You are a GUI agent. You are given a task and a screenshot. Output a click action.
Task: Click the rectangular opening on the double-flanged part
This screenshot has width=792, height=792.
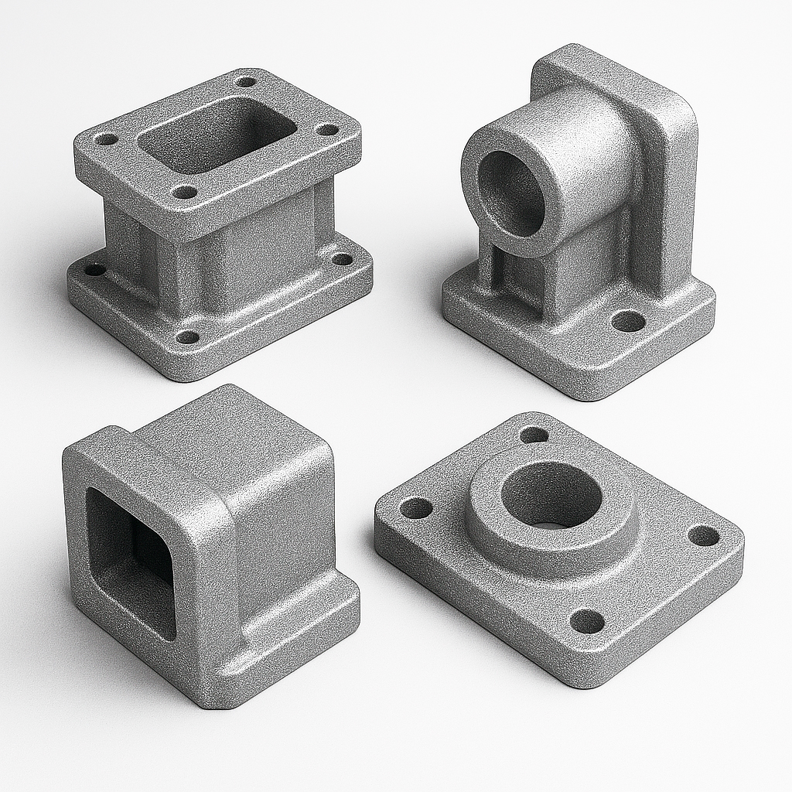coord(217,135)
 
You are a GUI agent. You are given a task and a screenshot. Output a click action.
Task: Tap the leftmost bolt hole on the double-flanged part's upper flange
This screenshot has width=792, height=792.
coord(106,140)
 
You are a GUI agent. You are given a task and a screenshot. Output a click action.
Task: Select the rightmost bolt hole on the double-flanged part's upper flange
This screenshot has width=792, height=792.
coord(328,129)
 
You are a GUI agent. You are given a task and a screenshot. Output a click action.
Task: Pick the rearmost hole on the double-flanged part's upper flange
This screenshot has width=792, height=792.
coord(246,81)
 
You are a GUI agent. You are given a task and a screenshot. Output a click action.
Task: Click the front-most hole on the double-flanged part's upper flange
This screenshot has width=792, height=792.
coord(184,191)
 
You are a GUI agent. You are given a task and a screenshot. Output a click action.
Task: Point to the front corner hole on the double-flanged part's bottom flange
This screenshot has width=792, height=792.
coord(187,336)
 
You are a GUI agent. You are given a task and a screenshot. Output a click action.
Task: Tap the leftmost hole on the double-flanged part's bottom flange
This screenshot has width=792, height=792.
coord(94,270)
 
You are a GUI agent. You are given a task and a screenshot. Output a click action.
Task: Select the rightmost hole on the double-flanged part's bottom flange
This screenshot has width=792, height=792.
coord(342,259)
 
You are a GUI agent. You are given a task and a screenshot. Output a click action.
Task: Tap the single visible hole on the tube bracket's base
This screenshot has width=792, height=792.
coord(628,320)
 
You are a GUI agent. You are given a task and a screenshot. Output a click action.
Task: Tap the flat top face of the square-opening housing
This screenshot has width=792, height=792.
coord(232,441)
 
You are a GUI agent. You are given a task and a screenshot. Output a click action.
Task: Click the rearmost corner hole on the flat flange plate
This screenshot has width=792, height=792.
coord(534,435)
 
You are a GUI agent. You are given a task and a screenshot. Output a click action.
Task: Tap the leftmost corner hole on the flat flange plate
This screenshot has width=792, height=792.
coord(415,508)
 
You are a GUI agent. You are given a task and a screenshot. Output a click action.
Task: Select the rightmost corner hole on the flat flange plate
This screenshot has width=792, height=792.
coord(703,535)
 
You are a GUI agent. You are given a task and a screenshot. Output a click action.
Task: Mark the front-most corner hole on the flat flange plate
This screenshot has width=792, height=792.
coord(587,620)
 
